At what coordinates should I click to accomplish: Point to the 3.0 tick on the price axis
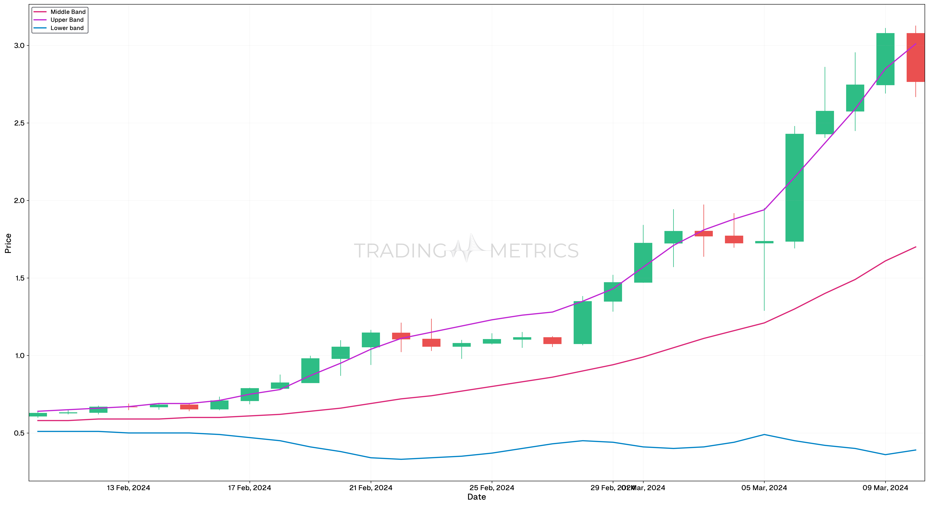(x=19, y=45)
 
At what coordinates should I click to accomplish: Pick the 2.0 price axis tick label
(x=19, y=201)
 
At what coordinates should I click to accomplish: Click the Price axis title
(x=8, y=243)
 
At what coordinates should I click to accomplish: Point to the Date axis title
(x=476, y=497)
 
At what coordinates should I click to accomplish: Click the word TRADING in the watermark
(x=400, y=251)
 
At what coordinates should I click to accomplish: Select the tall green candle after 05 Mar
(x=795, y=188)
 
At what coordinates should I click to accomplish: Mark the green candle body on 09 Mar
(x=885, y=59)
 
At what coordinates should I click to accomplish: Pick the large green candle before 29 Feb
(x=582, y=323)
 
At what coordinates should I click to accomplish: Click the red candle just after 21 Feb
(x=401, y=336)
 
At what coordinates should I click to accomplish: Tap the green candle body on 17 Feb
(x=250, y=395)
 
